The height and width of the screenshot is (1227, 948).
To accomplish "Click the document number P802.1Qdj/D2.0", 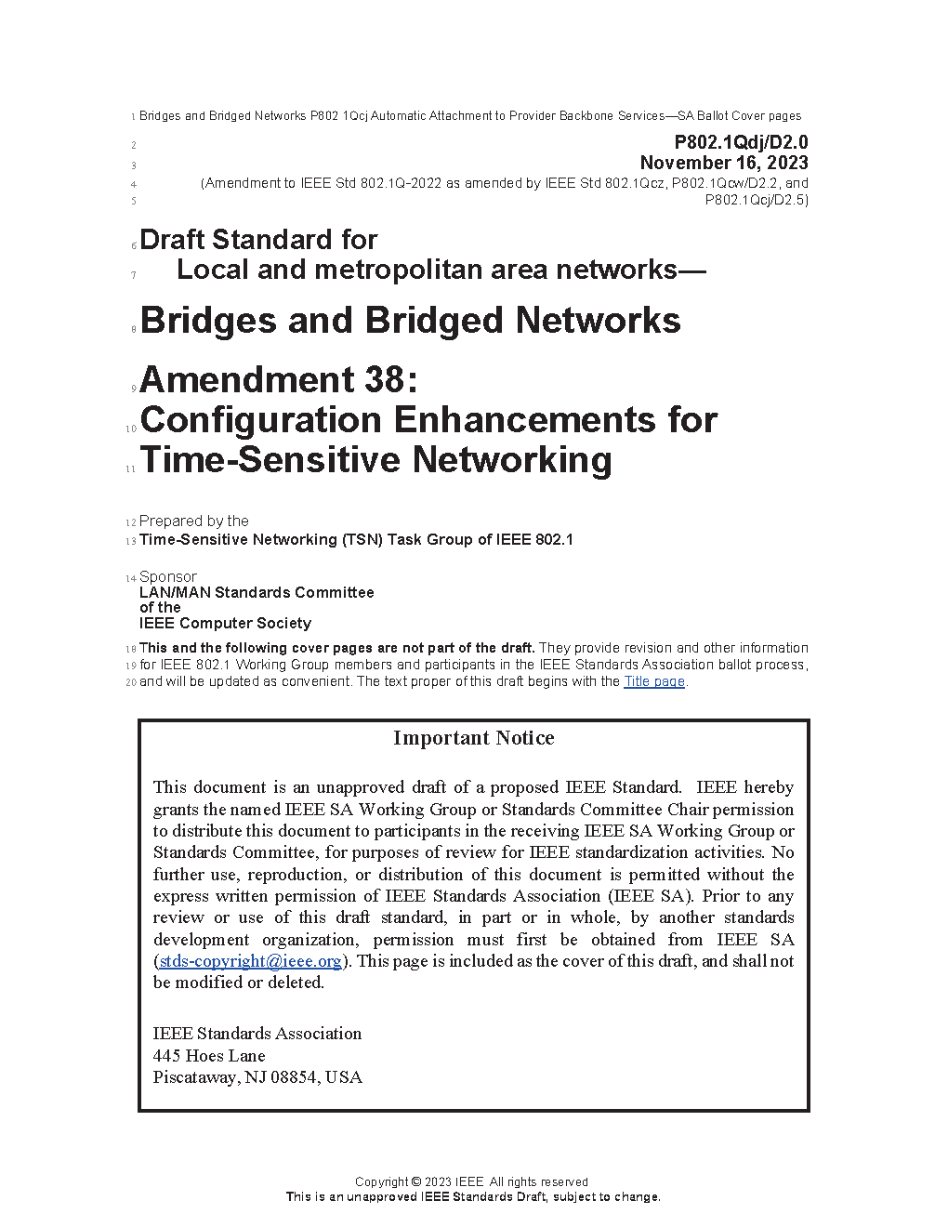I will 741,142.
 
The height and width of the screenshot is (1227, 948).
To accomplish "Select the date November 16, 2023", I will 724,163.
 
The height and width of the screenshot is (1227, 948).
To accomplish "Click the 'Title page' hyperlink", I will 653,681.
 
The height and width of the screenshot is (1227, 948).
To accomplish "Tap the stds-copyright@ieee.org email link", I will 250,961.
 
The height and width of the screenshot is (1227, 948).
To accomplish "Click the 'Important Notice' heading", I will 473,738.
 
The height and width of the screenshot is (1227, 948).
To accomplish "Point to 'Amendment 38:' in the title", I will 279,379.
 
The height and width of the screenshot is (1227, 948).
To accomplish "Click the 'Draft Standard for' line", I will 258,240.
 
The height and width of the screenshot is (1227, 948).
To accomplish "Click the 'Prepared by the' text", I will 194,521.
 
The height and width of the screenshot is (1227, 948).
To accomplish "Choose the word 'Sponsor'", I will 168,577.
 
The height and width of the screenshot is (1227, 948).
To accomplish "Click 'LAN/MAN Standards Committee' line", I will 257,592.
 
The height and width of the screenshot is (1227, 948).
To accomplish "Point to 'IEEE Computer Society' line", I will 225,623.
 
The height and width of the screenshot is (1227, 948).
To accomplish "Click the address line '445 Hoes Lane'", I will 209,1056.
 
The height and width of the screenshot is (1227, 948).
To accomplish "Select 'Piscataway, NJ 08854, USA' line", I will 257,1077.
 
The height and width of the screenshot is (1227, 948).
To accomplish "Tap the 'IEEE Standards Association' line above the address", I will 257,1034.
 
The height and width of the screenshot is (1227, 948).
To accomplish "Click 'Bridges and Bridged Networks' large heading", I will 410,321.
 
